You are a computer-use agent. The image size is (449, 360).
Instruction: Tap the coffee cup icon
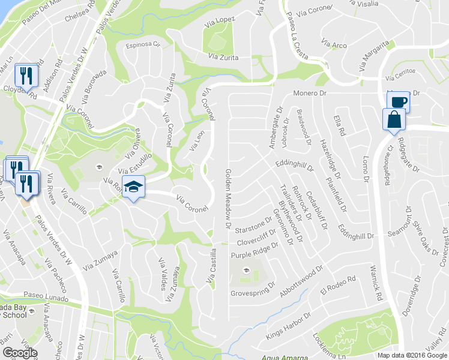click(398, 101)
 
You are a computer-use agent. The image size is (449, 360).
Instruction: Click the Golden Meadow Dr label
click(228, 199)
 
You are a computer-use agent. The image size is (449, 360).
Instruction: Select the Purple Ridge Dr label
click(259, 251)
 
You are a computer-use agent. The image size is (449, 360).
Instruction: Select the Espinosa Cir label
click(143, 44)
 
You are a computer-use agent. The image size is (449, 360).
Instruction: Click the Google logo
click(20, 353)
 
